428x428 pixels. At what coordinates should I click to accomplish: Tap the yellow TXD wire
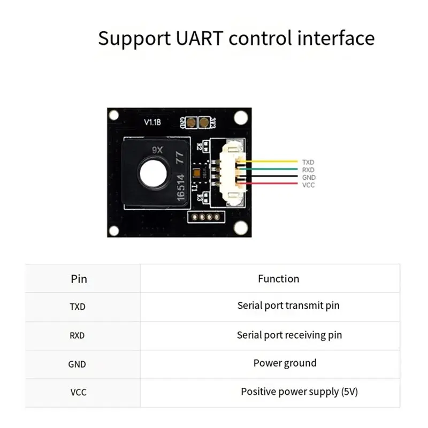click(273, 161)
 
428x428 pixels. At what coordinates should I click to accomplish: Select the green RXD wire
click(273, 169)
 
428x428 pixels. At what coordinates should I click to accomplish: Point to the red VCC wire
click(273, 185)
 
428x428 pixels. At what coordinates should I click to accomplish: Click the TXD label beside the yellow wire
click(309, 162)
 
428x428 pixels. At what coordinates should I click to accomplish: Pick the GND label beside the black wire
click(309, 177)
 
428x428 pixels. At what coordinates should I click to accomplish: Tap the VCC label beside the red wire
click(309, 185)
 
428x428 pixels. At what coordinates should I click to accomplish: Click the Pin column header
click(79, 279)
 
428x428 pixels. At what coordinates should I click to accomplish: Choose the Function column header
click(278, 279)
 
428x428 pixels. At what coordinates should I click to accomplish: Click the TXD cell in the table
click(78, 307)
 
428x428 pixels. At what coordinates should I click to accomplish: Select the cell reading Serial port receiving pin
click(289, 335)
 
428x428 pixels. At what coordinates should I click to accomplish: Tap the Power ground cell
click(285, 363)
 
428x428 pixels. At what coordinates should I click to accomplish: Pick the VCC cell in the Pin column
click(78, 392)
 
